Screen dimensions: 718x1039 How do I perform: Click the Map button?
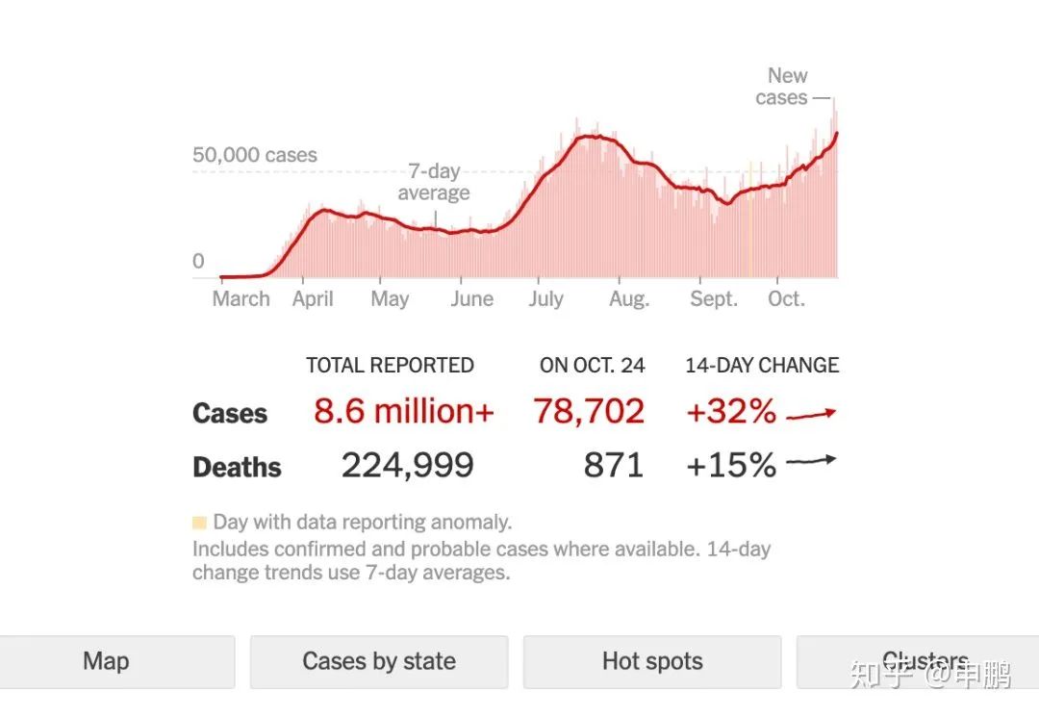click(106, 661)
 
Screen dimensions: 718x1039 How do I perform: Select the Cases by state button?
click(379, 661)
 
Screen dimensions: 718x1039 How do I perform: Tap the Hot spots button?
click(652, 661)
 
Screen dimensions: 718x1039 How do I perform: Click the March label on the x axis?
click(241, 298)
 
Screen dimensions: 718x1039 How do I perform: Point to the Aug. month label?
click(629, 298)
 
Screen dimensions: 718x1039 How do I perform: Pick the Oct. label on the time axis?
click(786, 298)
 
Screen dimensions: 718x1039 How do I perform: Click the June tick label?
click(471, 298)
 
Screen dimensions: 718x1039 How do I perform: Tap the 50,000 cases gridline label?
click(254, 155)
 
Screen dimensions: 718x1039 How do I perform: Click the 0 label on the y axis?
click(199, 261)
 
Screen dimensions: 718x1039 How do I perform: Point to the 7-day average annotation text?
click(434, 182)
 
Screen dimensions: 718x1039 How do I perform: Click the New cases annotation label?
click(782, 87)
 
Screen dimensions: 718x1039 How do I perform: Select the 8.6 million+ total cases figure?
click(403, 412)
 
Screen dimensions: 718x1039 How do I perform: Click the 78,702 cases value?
click(589, 412)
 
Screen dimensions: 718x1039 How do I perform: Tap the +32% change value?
click(731, 412)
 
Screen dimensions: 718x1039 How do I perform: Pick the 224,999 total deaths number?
click(408, 466)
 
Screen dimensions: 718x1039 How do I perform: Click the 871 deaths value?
click(613, 466)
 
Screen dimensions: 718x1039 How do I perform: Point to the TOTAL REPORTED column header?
click(390, 366)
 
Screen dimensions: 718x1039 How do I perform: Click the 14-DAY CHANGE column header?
click(762, 366)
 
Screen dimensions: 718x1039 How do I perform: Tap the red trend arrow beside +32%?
click(812, 415)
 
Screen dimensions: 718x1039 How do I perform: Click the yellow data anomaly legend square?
click(199, 524)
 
